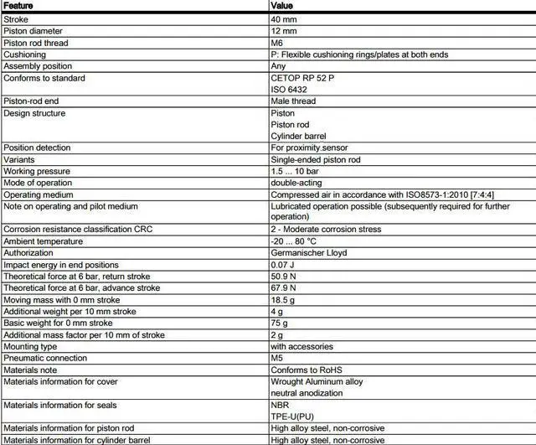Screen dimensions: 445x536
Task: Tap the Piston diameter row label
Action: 33,31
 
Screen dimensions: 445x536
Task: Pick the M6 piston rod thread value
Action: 278,43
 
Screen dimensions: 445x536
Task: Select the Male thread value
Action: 293,101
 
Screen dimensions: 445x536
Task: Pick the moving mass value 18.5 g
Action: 285,300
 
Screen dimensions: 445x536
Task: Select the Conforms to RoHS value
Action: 307,370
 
